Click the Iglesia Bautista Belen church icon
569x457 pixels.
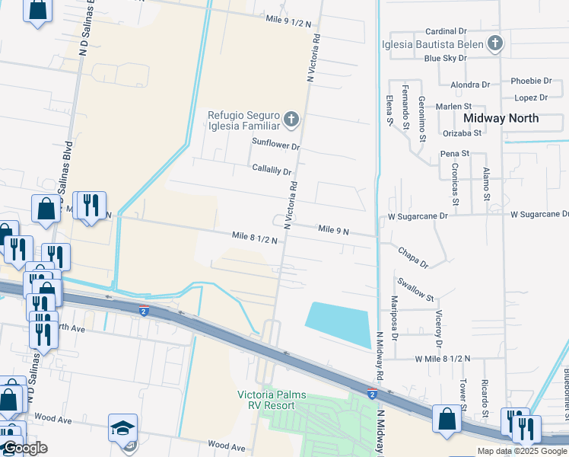[495, 43]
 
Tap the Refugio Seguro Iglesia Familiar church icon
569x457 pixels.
[291, 119]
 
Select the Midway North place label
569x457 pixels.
[501, 118]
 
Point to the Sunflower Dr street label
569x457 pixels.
[276, 145]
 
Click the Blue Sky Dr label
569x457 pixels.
[445, 58]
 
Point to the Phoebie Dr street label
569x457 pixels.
[531, 81]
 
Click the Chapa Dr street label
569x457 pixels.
[413, 256]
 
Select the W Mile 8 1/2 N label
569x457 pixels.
[443, 358]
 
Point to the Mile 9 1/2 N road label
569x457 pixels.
[288, 23]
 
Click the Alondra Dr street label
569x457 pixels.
[470, 85]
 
